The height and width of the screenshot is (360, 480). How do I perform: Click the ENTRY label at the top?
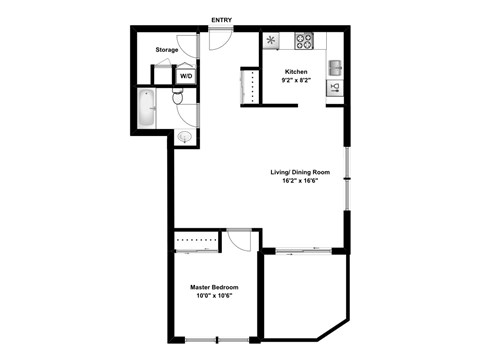point(221,19)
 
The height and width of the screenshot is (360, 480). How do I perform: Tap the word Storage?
point(167,50)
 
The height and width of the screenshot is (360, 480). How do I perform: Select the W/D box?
point(186,76)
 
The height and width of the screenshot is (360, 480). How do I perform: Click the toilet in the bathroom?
point(178,97)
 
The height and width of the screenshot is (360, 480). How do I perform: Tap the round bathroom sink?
point(186,136)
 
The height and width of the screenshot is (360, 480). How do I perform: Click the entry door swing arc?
point(221,41)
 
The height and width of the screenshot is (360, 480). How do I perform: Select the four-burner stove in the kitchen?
point(305,41)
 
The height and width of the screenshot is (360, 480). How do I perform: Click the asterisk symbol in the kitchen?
point(272,41)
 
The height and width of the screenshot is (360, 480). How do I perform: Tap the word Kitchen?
point(296,72)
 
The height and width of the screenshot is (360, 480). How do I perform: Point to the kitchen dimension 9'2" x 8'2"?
point(296,81)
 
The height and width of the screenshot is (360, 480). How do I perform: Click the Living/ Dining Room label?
point(300,172)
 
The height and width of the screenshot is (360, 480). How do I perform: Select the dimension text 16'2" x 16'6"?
point(300,181)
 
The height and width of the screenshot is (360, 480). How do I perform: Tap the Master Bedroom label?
point(214,287)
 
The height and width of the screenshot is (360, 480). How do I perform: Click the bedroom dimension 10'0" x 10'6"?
point(214,296)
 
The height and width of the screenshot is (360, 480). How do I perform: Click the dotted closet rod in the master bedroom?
point(197,239)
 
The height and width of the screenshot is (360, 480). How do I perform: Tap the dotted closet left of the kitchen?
point(250,86)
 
